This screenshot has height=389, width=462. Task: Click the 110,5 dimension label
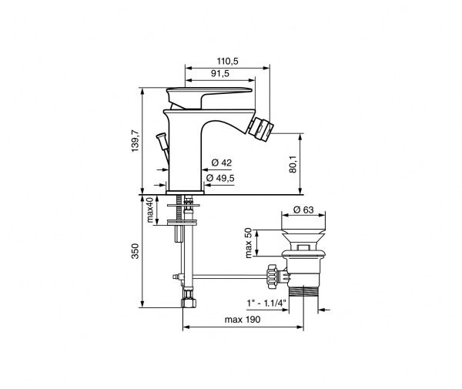coord(227,62)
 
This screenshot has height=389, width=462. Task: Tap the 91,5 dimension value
coord(220,73)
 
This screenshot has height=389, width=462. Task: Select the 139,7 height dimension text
coord(135,141)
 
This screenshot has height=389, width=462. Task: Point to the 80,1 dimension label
coord(293,164)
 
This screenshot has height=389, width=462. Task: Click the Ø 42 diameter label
coord(222,163)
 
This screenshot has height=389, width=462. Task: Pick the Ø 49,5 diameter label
coord(220,178)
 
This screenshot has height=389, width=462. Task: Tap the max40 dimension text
coord(150,210)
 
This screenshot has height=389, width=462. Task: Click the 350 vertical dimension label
coord(135,251)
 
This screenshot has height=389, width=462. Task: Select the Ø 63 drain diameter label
coord(304,210)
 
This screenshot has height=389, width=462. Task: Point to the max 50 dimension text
coord(249,243)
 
